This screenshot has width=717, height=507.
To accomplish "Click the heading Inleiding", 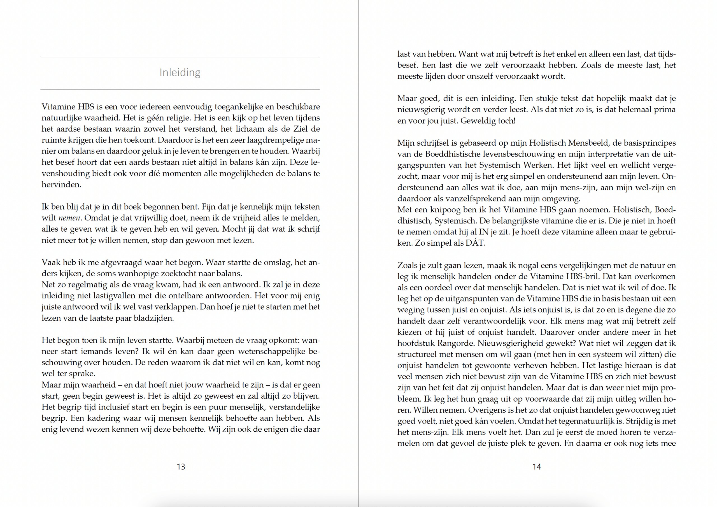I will pyautogui.click(x=180, y=73).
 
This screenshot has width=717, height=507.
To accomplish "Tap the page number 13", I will pyautogui.click(x=181, y=467).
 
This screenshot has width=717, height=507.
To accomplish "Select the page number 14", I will pyautogui.click(x=537, y=467).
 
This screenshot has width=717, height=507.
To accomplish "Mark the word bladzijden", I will pyautogui.click(x=153, y=318).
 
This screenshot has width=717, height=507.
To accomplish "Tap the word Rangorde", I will pyautogui.click(x=456, y=343).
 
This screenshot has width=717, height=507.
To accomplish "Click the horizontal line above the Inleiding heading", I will pyautogui.click(x=180, y=57).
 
